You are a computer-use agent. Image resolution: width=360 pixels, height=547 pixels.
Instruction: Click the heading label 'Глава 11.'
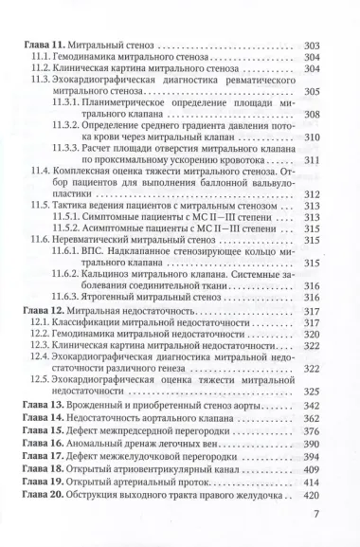41,44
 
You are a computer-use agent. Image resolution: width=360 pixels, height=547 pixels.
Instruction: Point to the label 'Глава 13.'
41,405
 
